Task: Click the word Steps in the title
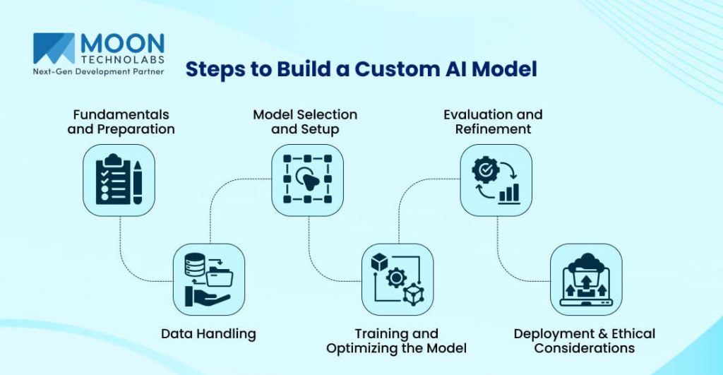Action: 213,69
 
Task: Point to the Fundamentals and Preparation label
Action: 121,121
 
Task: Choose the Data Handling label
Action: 208,333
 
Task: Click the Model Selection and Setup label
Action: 305,121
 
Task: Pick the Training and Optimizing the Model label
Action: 396,340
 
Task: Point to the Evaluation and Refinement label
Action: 493,121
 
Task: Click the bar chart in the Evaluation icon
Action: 508,193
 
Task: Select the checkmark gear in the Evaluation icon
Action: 484,168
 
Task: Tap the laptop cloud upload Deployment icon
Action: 585,279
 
